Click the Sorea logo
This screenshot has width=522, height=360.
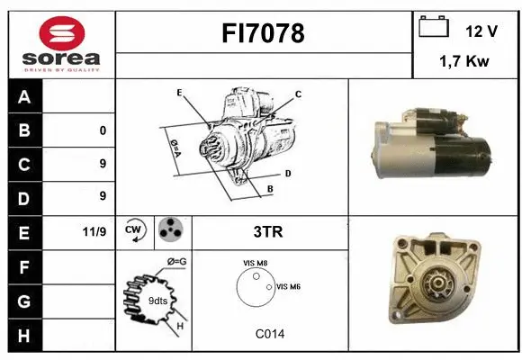pos(60,45)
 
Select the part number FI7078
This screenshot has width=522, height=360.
pos(263,33)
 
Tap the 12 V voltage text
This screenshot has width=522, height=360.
pos(481,31)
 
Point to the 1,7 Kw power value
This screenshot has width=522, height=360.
pos(464,63)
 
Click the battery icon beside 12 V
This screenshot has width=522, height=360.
pos(434,29)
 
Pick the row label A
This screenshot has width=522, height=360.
pos(22,97)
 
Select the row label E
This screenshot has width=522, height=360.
pos(22,231)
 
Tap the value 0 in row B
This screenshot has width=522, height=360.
pos(103,130)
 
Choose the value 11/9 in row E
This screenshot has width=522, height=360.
pos(94,231)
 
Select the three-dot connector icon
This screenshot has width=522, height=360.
pos(169,230)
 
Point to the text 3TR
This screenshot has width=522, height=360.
pos(268,231)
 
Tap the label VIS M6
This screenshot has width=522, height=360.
pos(287,286)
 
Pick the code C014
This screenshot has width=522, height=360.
pos(269,334)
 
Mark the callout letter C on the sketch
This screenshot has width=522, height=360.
pos(298,94)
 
